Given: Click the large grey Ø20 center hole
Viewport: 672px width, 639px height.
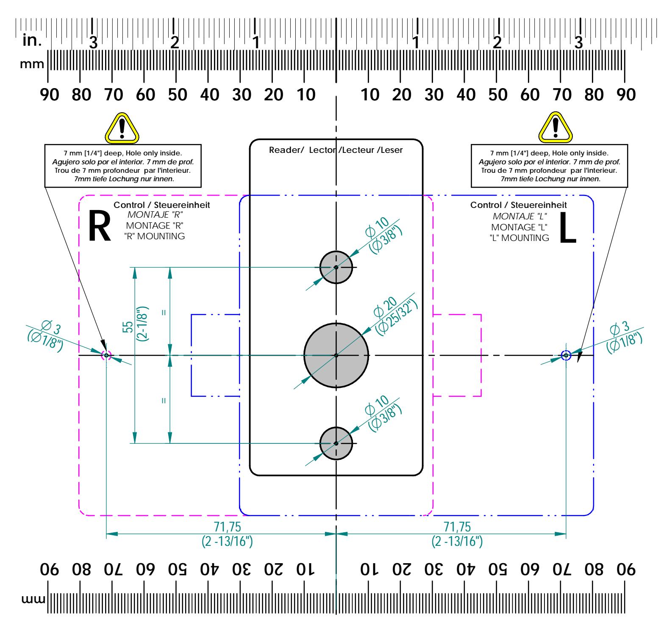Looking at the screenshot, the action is point(336,355).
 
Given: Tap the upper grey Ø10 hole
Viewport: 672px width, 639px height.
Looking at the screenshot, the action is point(336,267).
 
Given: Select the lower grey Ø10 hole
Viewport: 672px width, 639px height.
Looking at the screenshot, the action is point(336,443).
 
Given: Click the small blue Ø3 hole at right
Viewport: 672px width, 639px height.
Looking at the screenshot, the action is point(566,355).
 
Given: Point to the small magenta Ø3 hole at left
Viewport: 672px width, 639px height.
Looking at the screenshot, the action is point(106,355).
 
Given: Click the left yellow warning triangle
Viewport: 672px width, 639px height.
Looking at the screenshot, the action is point(122,128).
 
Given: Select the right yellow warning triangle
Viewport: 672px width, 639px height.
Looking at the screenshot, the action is point(555,128).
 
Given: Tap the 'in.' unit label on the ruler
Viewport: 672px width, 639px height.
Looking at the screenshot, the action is point(32,41).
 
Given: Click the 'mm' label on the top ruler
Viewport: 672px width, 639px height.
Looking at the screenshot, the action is point(32,64).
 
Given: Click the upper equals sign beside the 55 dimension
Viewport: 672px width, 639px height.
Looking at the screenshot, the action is point(164,313).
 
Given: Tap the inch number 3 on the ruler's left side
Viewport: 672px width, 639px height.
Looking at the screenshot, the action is point(93,42).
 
